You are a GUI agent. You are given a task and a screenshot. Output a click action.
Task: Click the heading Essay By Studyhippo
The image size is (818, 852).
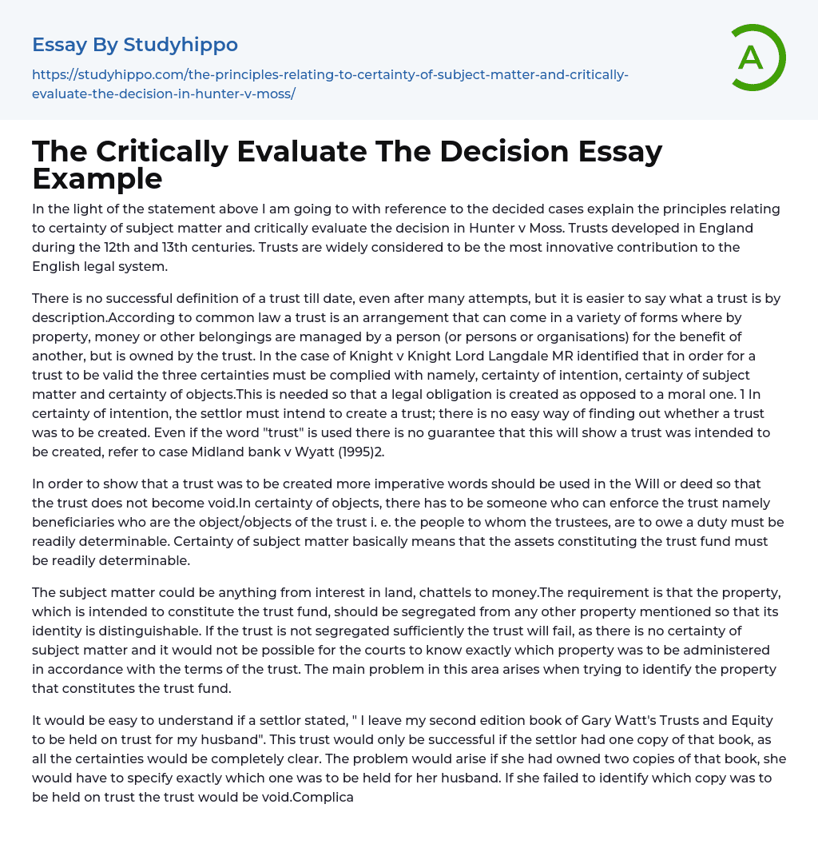coord(135,45)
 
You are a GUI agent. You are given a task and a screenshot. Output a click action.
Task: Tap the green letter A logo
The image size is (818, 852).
coord(751,58)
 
